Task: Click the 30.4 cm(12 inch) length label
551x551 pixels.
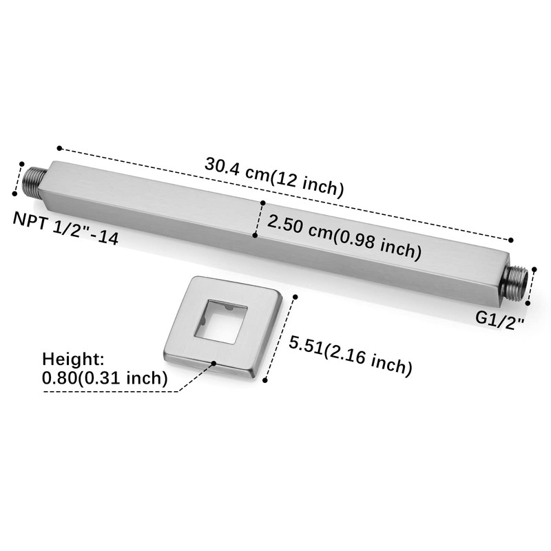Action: pos(274,176)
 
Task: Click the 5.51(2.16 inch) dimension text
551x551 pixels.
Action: pos(351,355)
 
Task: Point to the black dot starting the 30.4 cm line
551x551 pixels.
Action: pos(60,147)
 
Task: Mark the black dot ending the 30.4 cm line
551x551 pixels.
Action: pos(512,240)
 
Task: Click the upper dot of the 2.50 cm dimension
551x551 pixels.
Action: pos(262,202)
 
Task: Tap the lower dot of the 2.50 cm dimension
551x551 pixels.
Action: pos(255,236)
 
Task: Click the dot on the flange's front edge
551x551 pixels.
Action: pos(215,363)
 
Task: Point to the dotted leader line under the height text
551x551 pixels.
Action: pos(110,392)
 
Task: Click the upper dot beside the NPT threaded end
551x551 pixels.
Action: pos(22,164)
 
